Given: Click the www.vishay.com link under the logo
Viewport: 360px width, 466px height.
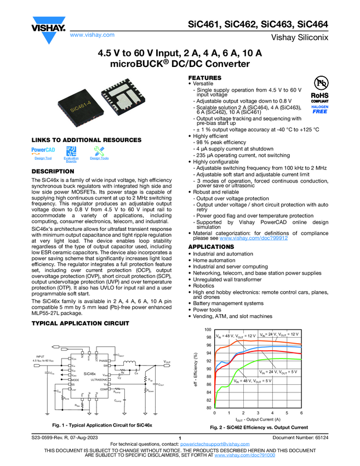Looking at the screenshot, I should click(x=92, y=35).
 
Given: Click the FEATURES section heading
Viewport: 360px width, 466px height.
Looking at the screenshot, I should click(x=205, y=78).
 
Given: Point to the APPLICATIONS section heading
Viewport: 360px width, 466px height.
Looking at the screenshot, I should click(x=211, y=247).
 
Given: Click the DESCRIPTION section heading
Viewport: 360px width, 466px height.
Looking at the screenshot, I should click(x=54, y=173).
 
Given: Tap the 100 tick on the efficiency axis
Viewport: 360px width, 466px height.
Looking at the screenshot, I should click(x=208, y=329).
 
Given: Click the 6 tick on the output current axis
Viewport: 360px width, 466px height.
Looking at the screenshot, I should click(x=301, y=412).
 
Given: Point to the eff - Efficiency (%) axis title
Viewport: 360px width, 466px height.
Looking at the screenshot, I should click(x=197, y=368).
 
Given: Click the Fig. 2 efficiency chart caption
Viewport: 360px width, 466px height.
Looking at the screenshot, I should click(x=259, y=427).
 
